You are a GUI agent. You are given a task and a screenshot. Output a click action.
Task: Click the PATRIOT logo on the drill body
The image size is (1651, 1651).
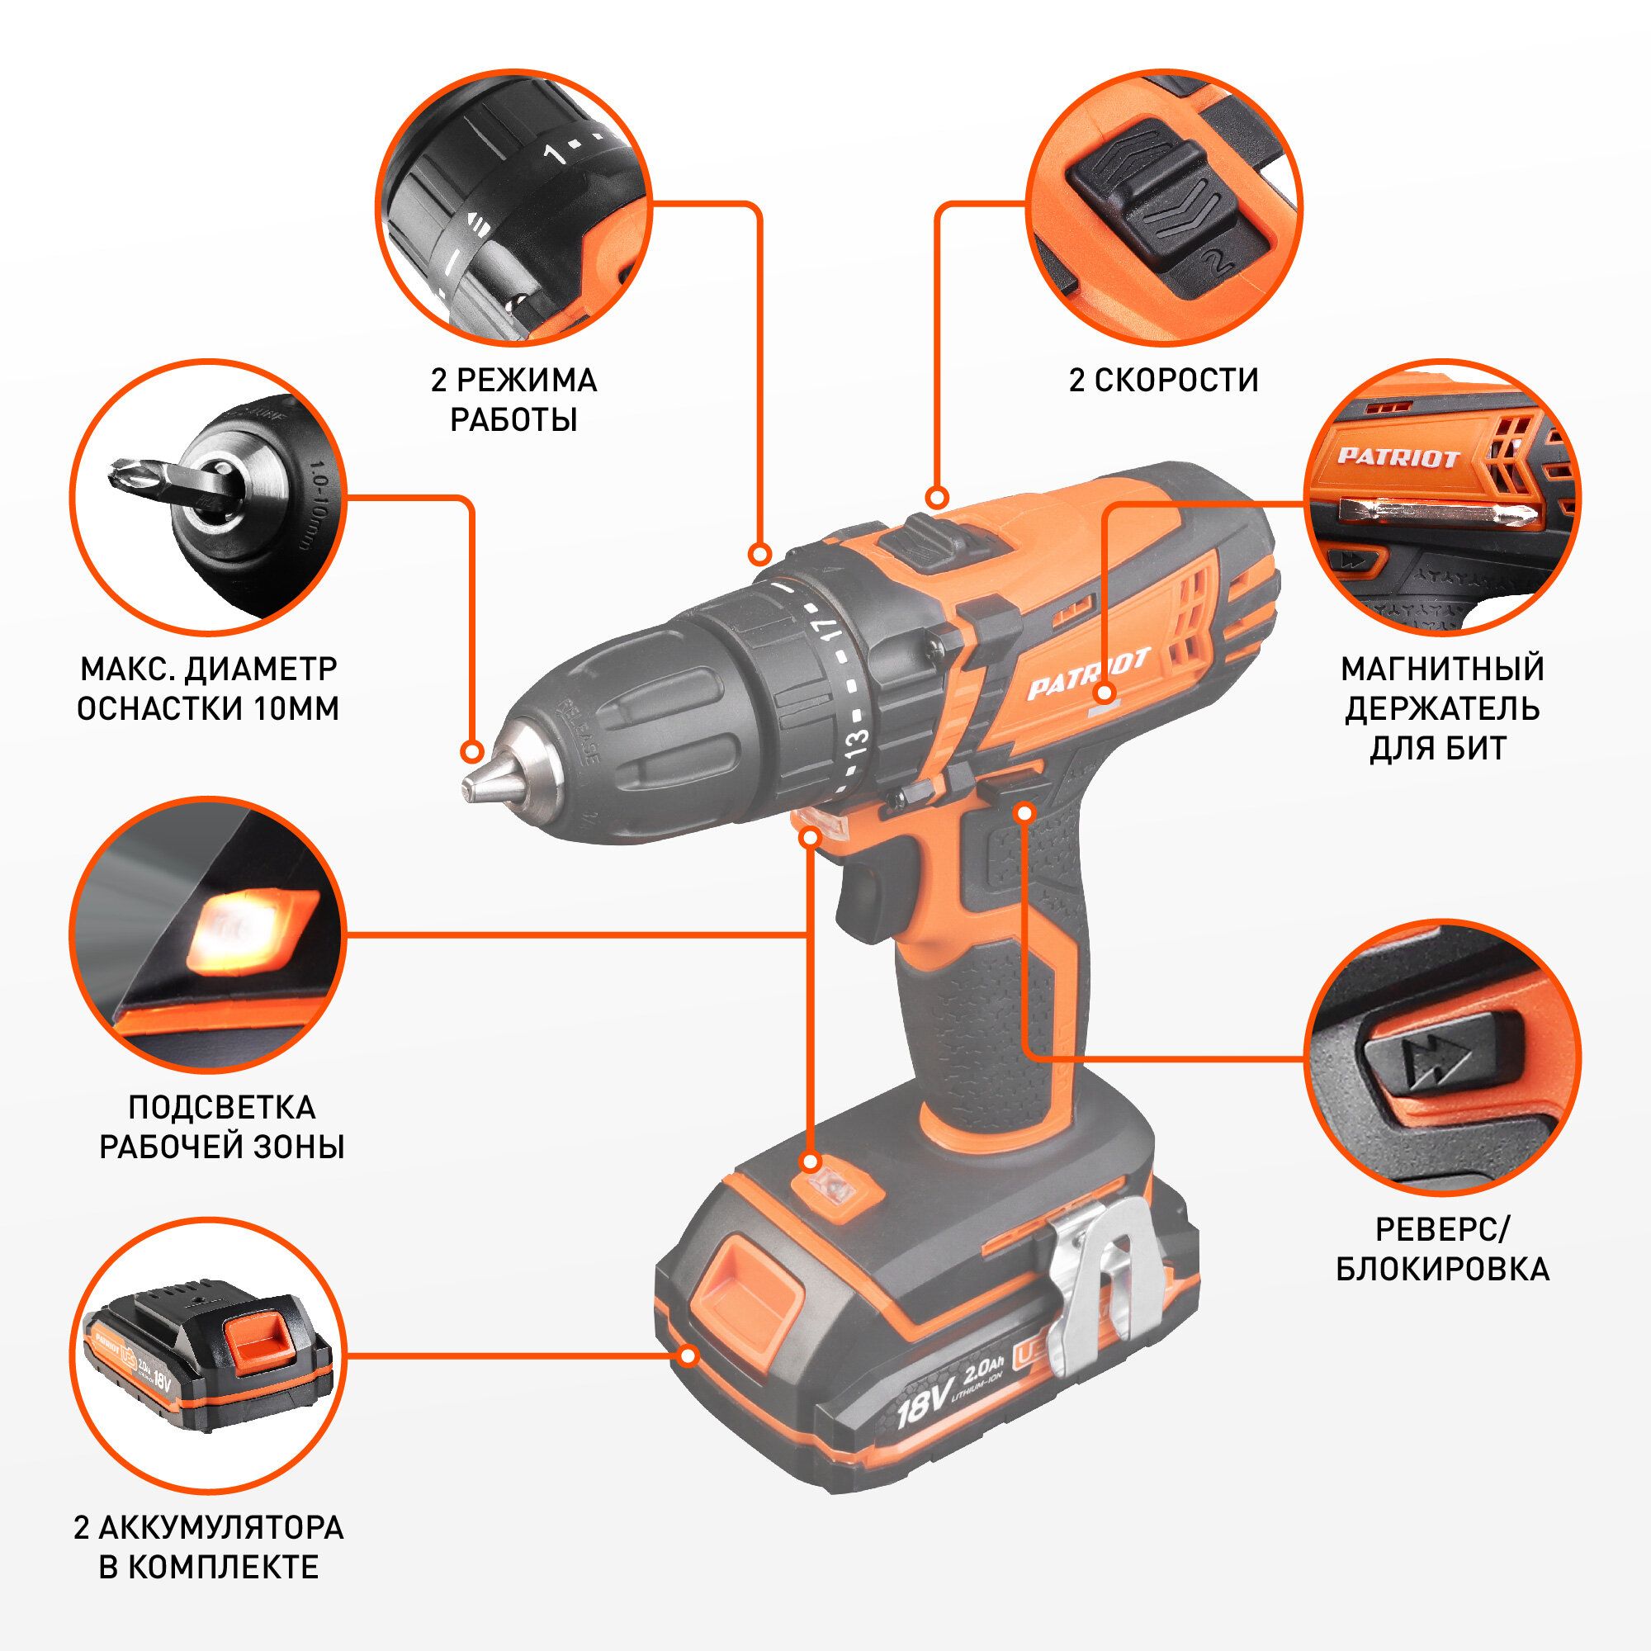pos(1088,674)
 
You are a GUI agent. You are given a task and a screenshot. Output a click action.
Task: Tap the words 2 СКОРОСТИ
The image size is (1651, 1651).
pos(1164,381)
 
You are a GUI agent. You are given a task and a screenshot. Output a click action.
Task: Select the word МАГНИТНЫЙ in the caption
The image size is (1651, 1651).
pos(1442,669)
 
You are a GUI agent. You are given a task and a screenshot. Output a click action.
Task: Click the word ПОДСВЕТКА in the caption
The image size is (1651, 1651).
pos(222,1108)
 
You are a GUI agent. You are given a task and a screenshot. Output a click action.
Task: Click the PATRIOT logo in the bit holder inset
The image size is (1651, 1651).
pos(1398,457)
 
